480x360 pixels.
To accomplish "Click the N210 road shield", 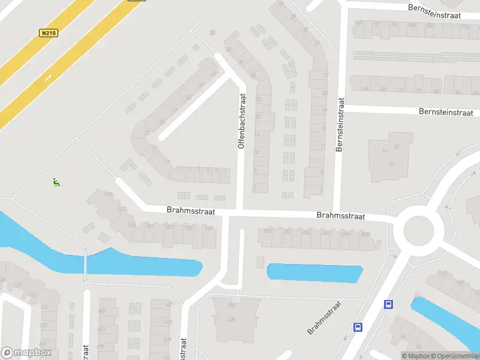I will point(49,34).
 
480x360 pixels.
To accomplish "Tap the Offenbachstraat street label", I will point(242,121).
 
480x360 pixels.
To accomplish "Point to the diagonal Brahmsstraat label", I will point(324,318).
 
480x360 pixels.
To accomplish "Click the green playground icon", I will point(56,183).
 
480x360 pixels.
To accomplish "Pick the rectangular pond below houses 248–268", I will point(314,274).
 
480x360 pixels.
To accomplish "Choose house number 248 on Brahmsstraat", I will point(268,231).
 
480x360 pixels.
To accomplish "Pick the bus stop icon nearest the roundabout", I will point(389,305).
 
